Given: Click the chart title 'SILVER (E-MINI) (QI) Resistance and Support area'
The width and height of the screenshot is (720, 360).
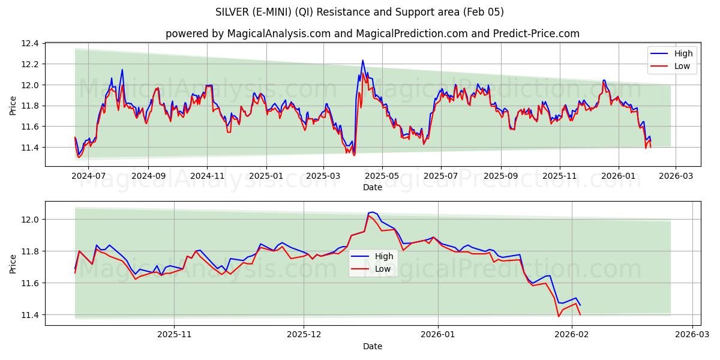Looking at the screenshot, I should [x=359, y=12].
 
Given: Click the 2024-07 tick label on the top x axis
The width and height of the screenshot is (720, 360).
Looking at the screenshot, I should [x=88, y=176].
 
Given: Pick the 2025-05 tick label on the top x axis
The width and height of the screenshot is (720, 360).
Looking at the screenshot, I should [x=382, y=176].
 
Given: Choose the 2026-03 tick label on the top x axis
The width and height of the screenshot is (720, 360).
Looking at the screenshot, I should [x=676, y=176].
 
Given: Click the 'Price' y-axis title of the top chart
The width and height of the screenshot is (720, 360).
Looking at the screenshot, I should [x=13, y=104].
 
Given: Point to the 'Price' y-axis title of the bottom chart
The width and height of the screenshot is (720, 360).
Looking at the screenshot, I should [x=13, y=263].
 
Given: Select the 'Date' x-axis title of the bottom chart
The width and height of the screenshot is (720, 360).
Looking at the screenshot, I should [x=372, y=346].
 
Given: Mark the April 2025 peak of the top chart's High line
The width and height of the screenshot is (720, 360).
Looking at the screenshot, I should [x=362, y=60].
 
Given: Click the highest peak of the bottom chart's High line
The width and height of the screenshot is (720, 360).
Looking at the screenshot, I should [x=373, y=212].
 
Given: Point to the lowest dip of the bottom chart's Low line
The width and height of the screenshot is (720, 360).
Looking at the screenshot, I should [x=559, y=316].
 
